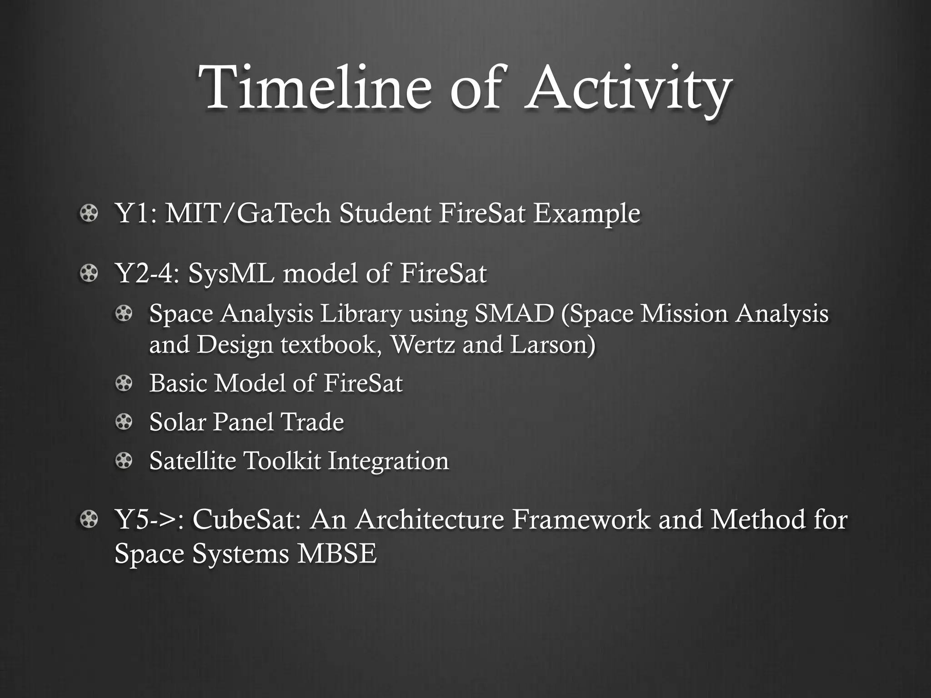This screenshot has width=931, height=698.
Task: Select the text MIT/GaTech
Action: (x=247, y=213)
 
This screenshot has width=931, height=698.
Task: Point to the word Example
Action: (x=586, y=213)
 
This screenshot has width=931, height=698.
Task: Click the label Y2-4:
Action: (x=147, y=273)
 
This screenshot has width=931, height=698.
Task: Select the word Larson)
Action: (x=552, y=344)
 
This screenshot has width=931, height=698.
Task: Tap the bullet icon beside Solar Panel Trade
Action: (x=123, y=422)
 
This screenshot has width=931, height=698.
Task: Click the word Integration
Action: (x=388, y=461)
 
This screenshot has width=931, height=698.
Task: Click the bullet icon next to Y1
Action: (x=89, y=213)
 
